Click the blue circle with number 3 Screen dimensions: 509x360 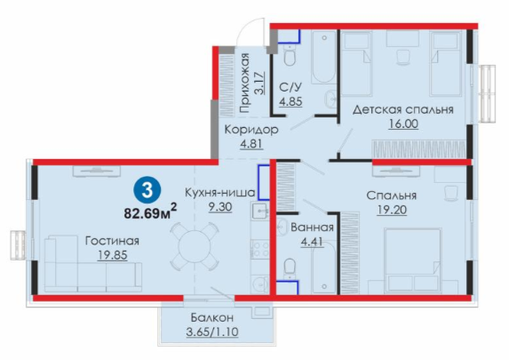(147, 191)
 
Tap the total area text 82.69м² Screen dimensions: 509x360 (150, 212)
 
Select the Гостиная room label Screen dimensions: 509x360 (112, 241)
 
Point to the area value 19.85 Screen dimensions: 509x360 (112, 255)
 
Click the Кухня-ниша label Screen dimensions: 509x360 (219, 192)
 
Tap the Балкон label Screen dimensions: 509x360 (212, 317)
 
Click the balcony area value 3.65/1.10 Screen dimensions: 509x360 (212, 332)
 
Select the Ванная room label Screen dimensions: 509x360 (312, 228)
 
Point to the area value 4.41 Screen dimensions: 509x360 (312, 242)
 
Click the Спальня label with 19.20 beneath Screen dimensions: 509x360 (391, 196)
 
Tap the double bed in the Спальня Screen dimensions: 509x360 (412, 260)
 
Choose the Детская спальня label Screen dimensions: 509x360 (403, 109)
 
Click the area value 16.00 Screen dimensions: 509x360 (403, 124)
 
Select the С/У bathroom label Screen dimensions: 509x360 (290, 87)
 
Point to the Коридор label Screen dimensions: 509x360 (251, 129)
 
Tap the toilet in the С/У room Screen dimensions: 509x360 (290, 55)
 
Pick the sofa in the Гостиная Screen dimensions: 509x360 (93, 264)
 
